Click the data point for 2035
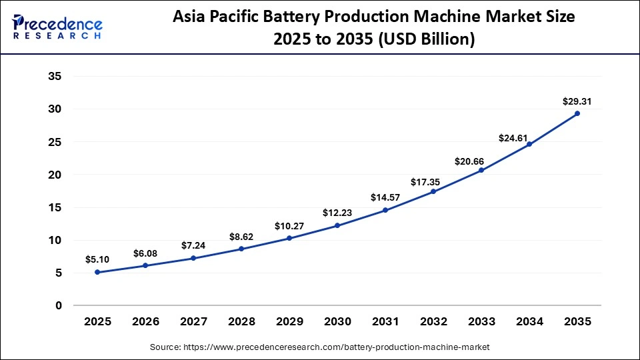pos(577,113)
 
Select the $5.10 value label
pos(97,259)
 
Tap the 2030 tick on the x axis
pos(337,321)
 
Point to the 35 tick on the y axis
pos(55,77)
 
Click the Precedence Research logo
pos(57,27)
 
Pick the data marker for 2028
pos(241,249)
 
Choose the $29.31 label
pos(577,102)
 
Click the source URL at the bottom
pos(319,347)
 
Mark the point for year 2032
pos(433,191)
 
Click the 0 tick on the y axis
pos(59,305)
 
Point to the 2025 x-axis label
pos(97,321)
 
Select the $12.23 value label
pos(337,213)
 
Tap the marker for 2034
pos(529,144)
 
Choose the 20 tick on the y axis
pos(55,175)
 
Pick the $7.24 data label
pos(193,245)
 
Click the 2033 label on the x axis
pos(481,321)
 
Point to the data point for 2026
pos(145,265)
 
